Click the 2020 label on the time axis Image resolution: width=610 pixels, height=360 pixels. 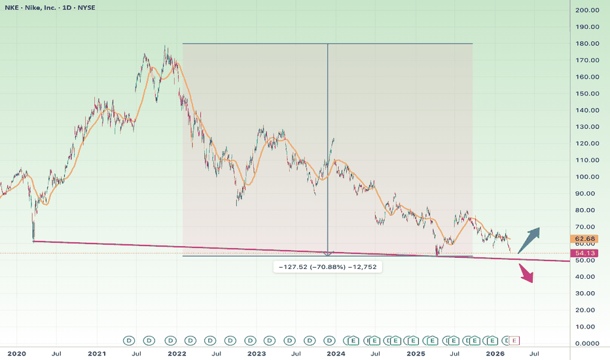tap(16, 353)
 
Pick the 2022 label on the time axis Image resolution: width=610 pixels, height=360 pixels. tap(177, 353)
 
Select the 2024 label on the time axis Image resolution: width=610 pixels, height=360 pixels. tap(336, 353)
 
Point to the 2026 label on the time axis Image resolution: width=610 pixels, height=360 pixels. tap(495, 353)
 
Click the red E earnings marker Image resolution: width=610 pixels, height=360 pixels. tap(514, 340)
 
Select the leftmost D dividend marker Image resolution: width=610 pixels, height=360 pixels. tap(130, 340)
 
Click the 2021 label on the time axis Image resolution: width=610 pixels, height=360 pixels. tap(97, 353)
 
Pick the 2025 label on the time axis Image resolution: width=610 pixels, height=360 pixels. tap(416, 353)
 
